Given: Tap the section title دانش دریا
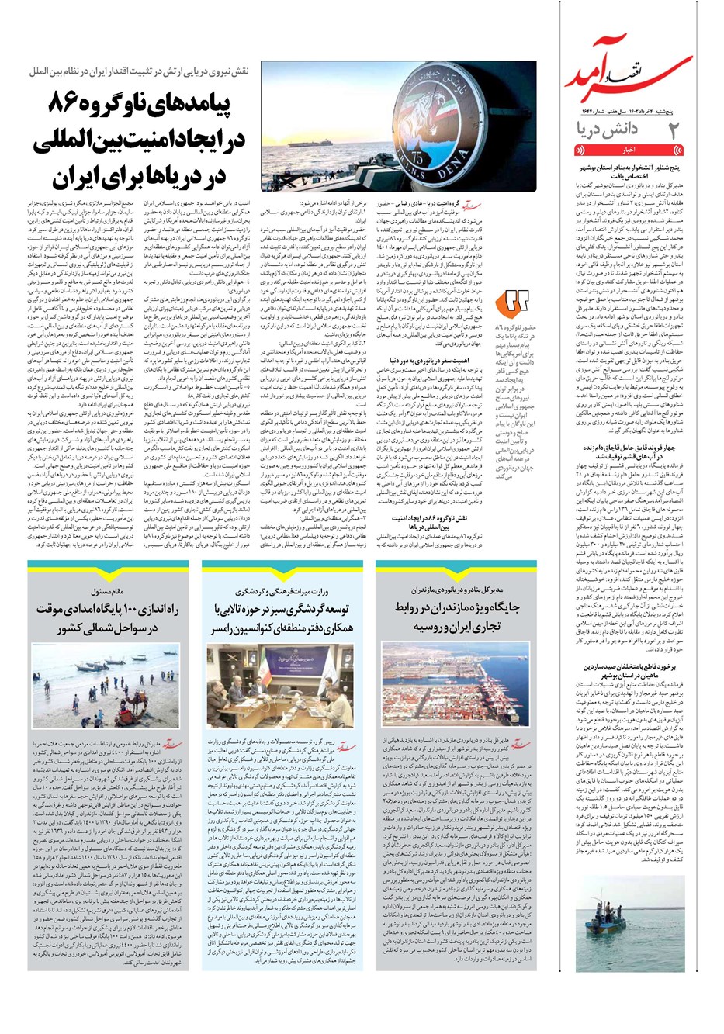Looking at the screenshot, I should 610,130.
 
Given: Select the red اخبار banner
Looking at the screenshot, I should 629,149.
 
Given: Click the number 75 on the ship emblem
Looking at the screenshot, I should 469,160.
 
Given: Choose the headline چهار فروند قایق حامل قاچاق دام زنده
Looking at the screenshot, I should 629,451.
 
